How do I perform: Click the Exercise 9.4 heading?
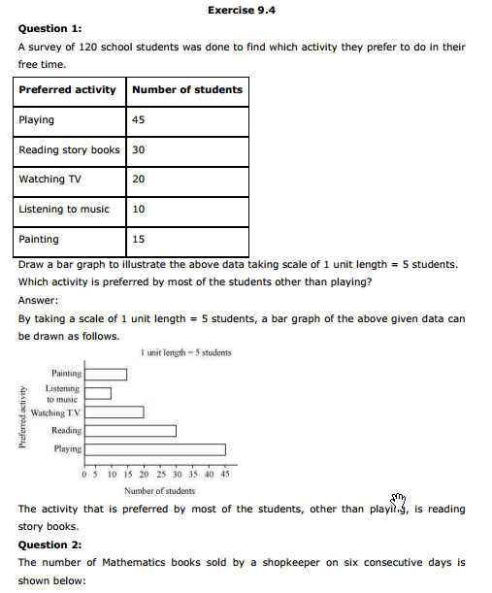tap(248, 9)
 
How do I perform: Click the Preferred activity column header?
tap(68, 90)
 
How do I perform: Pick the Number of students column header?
tap(187, 90)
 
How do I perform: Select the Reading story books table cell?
tap(69, 149)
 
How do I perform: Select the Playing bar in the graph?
tap(154, 449)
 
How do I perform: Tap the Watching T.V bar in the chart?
tap(114, 412)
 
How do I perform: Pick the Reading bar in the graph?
tap(130, 431)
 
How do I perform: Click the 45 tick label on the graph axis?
tap(225, 474)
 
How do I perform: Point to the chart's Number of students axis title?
tap(159, 490)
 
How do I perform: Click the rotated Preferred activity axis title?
tap(21, 416)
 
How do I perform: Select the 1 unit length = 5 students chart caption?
tap(186, 352)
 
